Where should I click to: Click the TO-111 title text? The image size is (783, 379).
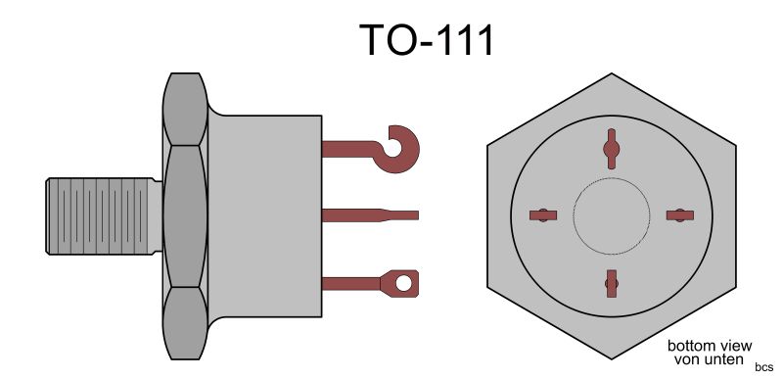427,40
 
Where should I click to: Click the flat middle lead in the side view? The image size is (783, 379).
370,215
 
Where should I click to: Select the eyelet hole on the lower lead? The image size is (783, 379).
403,283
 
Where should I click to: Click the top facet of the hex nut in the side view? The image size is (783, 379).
185,110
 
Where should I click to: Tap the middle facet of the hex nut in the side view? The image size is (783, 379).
185,216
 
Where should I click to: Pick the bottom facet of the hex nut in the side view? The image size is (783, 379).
185,323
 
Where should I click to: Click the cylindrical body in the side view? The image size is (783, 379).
264,215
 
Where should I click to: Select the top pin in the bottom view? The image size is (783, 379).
611,148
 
